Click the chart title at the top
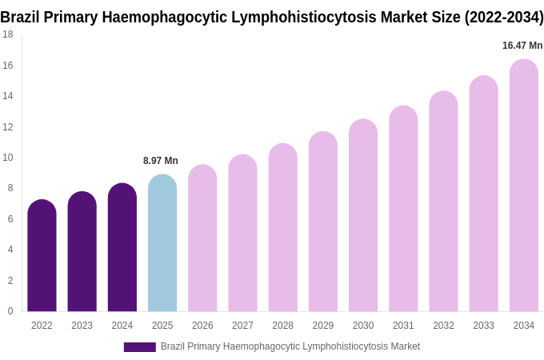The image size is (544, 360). (x=272, y=17)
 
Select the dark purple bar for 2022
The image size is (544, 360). (x=42, y=256)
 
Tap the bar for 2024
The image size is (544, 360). (x=122, y=248)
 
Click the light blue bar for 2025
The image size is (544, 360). (x=162, y=243)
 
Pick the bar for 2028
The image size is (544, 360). (x=282, y=228)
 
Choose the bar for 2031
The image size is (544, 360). (x=403, y=209)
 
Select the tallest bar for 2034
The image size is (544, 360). (x=524, y=186)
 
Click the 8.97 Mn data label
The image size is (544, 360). (x=161, y=161)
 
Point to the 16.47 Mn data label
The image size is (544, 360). (x=522, y=46)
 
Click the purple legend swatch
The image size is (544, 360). (x=139, y=347)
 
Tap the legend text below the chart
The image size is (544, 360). (x=290, y=346)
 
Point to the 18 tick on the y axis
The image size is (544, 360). (x=8, y=34)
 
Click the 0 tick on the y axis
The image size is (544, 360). (x=10, y=311)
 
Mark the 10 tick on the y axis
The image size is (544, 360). (x=8, y=158)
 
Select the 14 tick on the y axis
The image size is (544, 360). (x=8, y=96)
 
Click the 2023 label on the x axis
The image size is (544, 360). (x=82, y=326)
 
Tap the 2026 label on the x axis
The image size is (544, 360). (x=202, y=326)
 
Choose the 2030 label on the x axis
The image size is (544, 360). (x=363, y=326)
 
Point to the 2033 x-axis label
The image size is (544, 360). (x=483, y=326)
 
